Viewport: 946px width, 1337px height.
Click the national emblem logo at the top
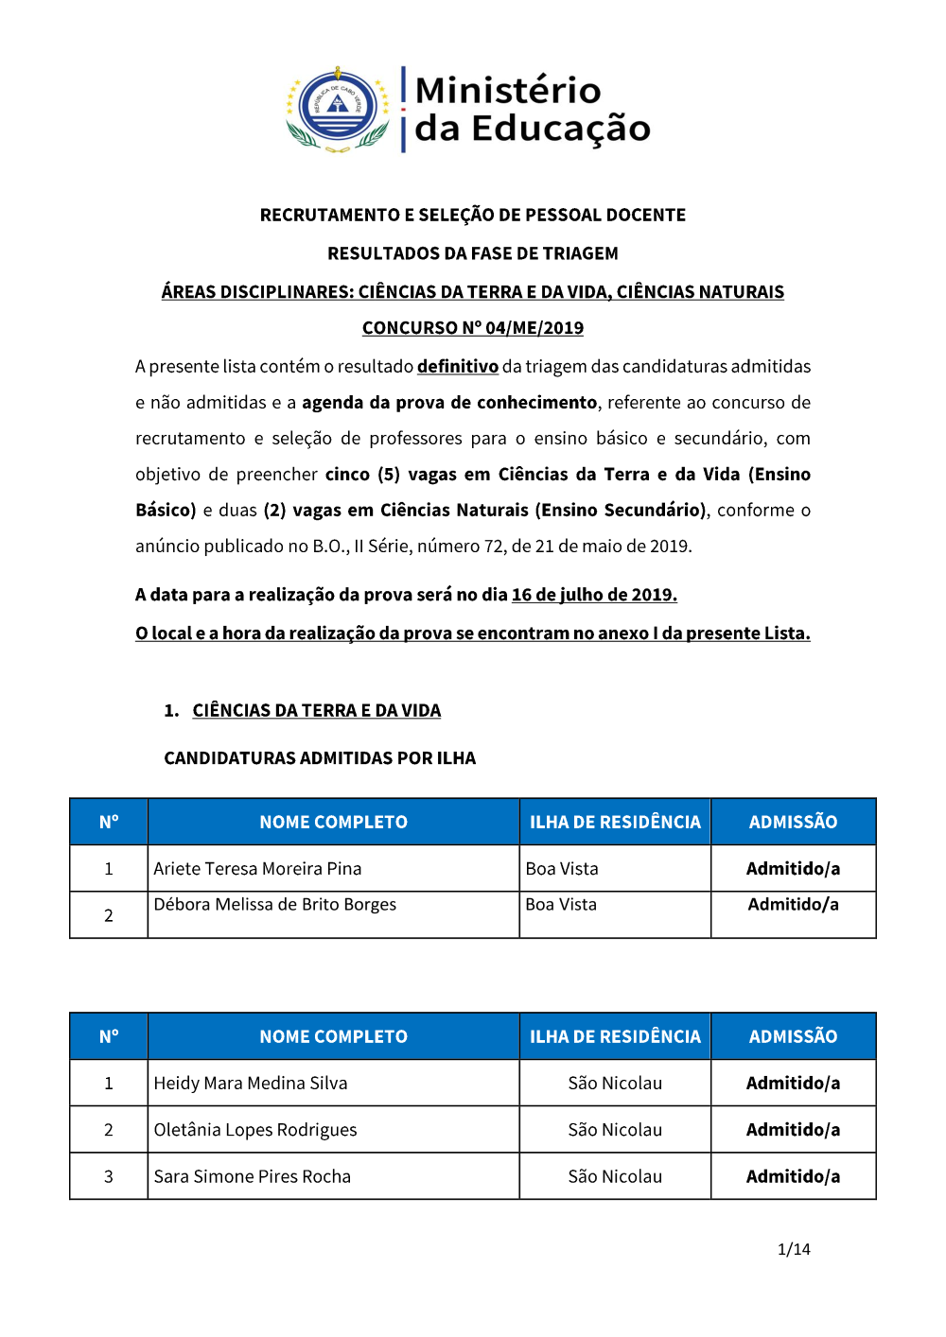338,109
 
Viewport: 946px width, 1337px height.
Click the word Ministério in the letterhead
508,91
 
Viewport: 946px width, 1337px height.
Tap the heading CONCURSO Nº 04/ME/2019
472,328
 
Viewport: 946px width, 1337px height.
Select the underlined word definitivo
458,367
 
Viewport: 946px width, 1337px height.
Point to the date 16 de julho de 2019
594,595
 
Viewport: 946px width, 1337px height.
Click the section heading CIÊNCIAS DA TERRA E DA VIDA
316,710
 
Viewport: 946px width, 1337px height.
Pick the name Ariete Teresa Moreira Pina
257,869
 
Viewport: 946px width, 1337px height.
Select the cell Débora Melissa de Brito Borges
274,905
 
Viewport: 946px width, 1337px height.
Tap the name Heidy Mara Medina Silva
251,1084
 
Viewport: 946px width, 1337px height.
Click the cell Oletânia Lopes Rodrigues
255,1130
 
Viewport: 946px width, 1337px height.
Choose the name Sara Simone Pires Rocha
252,1176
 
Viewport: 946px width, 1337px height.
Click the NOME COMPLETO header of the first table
333,823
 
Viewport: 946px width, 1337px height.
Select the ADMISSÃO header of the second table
793,1036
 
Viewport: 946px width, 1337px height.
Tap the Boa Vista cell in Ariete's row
562,869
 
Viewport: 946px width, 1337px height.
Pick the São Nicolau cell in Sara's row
615,1176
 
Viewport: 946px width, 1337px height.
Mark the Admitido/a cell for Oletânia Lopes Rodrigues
793,1130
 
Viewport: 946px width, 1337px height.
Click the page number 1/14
794,1249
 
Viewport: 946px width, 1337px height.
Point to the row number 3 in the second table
109,1176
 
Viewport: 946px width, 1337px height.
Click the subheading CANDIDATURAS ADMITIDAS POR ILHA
320,758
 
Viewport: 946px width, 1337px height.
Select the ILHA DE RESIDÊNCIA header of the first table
615,823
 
